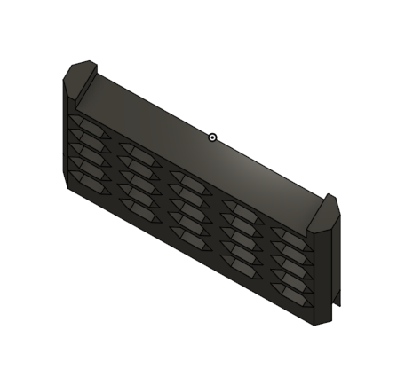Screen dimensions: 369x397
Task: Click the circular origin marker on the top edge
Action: click(212, 137)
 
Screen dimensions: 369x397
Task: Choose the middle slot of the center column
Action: click(188, 206)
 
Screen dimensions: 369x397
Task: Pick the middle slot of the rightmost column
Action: click(290, 263)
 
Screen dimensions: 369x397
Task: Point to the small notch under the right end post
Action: click(337, 303)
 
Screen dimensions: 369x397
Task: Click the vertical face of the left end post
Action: click(67, 133)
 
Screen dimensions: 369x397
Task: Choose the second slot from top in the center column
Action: click(188, 192)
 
